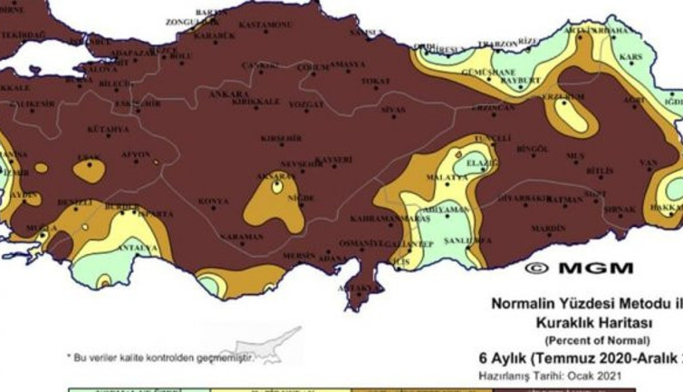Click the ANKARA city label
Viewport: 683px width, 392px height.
229,93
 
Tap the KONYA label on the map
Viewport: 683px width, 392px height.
214,201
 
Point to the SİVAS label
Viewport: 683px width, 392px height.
393,109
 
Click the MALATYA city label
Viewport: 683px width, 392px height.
447,176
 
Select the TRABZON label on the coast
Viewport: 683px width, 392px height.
499,43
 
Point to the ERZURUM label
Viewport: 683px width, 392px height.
562,96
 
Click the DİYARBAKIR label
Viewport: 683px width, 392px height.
524,197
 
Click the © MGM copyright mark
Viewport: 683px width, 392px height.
580,268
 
